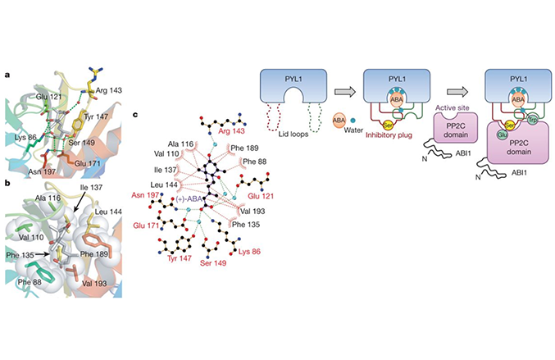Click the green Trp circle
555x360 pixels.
(531, 119)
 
